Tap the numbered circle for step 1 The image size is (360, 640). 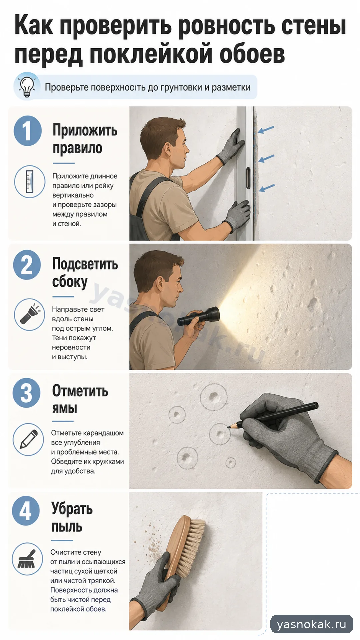[x=28, y=131]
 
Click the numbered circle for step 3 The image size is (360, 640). [x=27, y=393]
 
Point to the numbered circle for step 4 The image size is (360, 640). [x=26, y=511]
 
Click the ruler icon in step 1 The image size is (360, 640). [x=30, y=182]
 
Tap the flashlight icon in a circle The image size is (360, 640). [x=29, y=314]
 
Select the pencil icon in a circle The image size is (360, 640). [x=28, y=439]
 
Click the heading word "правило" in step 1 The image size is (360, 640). [x=77, y=148]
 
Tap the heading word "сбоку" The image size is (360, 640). [x=70, y=282]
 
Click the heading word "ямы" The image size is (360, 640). [x=65, y=408]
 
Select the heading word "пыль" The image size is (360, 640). [x=67, y=527]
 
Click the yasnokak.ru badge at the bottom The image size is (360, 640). [x=312, y=624]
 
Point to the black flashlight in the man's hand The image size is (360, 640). [x=199, y=316]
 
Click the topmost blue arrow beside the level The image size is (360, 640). [x=266, y=130]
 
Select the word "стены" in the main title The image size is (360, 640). [x=313, y=26]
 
